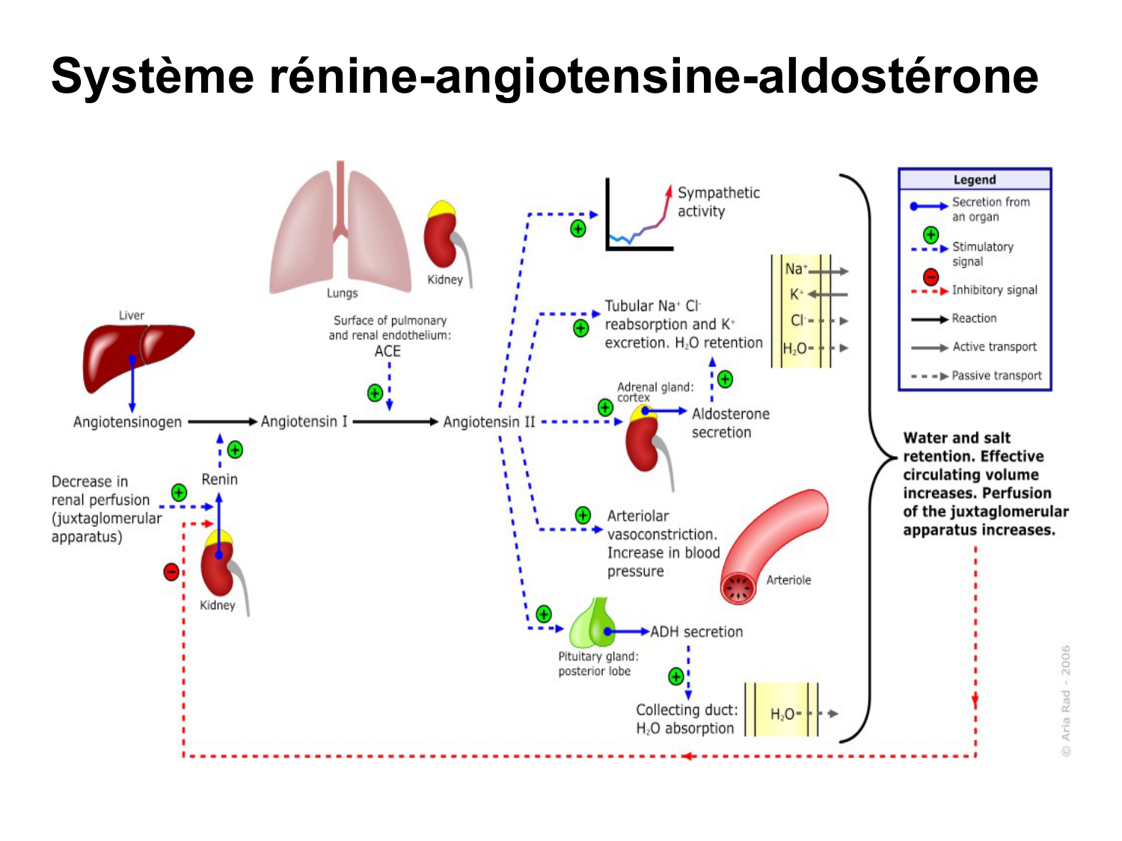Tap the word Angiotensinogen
(127, 422)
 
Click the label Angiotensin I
(304, 422)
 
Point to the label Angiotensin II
(488, 422)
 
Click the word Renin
(219, 480)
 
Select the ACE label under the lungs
(387, 351)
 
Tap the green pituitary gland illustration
(593, 624)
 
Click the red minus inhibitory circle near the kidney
(171, 573)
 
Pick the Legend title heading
(974, 179)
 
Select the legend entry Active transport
(994, 347)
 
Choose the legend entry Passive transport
(996, 376)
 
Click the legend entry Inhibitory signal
(994, 290)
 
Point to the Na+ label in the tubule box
(795, 269)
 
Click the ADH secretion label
(696, 632)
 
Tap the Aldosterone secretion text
(729, 423)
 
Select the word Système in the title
(153, 76)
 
